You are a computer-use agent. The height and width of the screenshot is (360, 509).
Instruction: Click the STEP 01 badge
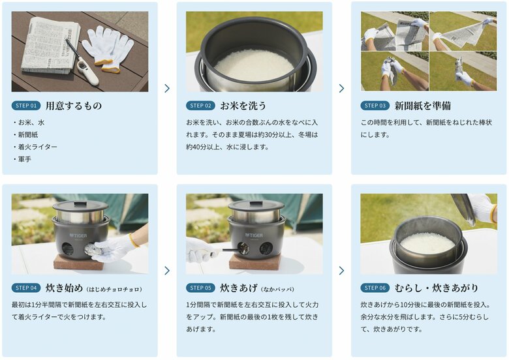(x=26, y=106)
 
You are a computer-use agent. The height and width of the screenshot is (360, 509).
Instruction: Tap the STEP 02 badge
(x=200, y=106)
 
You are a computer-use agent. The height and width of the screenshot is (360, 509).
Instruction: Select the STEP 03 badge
(x=375, y=106)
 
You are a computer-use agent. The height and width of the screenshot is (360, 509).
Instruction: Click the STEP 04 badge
(x=26, y=288)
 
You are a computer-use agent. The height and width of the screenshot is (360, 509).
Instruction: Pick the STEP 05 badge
(x=200, y=288)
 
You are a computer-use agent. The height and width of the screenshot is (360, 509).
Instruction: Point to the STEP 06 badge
(x=375, y=288)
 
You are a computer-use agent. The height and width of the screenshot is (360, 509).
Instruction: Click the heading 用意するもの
(x=73, y=106)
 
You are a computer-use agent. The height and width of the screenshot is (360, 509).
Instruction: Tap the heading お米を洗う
(x=243, y=106)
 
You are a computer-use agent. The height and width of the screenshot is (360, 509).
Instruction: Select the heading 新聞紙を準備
(x=422, y=106)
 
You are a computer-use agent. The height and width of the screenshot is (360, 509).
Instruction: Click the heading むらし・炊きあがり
(x=437, y=288)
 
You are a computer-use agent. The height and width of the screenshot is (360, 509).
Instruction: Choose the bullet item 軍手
(x=24, y=158)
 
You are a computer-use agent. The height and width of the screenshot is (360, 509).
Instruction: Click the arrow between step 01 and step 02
(x=167, y=88)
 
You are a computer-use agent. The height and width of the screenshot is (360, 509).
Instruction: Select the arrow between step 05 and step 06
(x=341, y=270)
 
